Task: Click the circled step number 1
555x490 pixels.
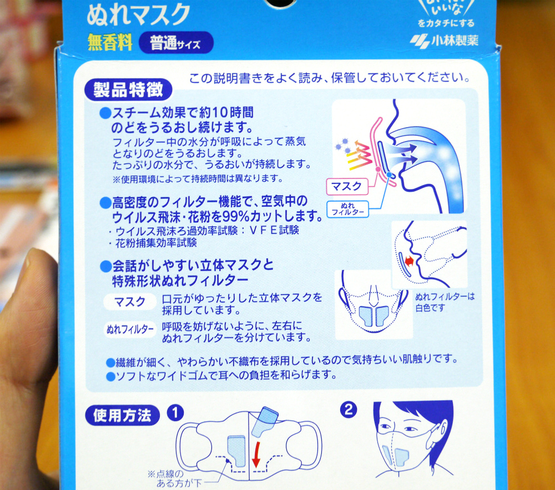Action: click(176, 412)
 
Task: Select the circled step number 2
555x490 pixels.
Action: click(349, 410)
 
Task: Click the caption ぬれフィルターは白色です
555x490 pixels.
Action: click(445, 302)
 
